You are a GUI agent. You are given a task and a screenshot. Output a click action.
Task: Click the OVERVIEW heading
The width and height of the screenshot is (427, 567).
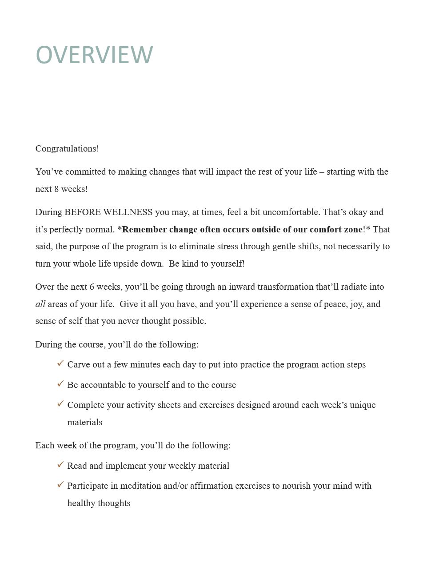coord(94,55)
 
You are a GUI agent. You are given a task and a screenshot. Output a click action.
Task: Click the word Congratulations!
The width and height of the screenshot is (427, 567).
coord(67,148)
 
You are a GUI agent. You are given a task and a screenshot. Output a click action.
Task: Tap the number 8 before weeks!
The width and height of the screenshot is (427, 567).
coord(56,189)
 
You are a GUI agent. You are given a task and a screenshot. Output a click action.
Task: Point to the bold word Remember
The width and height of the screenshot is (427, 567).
coord(144,229)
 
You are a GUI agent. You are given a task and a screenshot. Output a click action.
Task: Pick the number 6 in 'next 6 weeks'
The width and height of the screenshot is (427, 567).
coord(92,287)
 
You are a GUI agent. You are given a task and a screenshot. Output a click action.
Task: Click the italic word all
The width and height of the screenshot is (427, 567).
coord(40,304)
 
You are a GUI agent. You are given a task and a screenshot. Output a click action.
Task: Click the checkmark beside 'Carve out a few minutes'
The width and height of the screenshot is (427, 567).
coord(61,363)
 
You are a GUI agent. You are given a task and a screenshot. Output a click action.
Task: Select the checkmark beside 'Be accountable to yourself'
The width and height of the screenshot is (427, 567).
coord(61,384)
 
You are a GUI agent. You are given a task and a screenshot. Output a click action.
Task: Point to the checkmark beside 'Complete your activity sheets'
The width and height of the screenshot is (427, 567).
coord(61,404)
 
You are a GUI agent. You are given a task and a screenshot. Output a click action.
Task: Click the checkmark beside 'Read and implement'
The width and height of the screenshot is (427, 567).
coord(61,465)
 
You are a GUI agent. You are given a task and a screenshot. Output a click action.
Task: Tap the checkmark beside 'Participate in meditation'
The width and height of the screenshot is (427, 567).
coord(61,485)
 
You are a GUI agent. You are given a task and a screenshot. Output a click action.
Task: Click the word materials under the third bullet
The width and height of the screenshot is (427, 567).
coord(85,422)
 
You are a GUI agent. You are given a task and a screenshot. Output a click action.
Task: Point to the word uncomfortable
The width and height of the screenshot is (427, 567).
coord(291,212)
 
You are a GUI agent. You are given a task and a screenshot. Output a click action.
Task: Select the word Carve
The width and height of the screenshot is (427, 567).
coord(78,364)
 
